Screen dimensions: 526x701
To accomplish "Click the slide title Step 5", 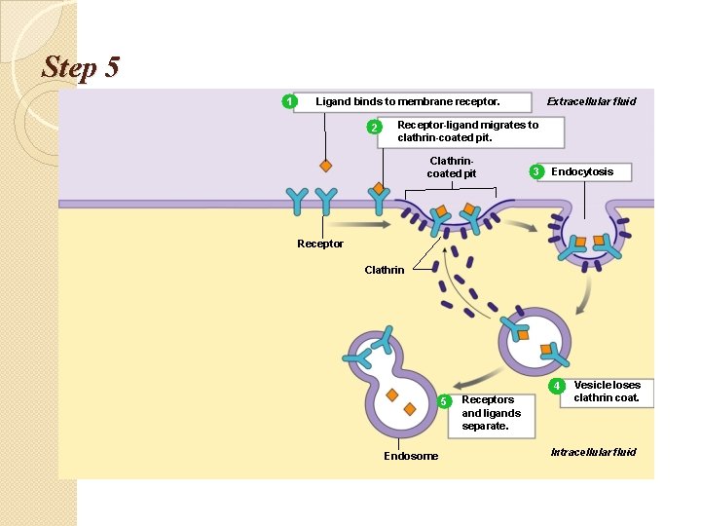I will pyautogui.click(x=81, y=67).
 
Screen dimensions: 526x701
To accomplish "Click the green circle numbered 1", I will pyautogui.click(x=288, y=101).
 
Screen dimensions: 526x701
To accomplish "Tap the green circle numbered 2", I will pyautogui.click(x=371, y=128).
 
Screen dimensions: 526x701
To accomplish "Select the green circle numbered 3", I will pyautogui.click(x=535, y=172).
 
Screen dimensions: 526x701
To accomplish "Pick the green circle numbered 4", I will pyautogui.click(x=557, y=386).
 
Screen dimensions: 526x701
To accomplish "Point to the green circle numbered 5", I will pyautogui.click(x=444, y=400).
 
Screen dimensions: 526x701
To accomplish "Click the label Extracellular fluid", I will pyautogui.click(x=591, y=101).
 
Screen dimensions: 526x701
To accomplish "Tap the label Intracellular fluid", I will pyautogui.click(x=593, y=452).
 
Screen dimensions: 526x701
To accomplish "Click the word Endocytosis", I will pyautogui.click(x=582, y=171).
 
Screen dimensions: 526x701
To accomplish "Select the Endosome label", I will pyautogui.click(x=411, y=456).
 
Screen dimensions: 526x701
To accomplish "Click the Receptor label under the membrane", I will pyautogui.click(x=320, y=244).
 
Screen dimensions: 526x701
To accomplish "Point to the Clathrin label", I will pyautogui.click(x=384, y=270).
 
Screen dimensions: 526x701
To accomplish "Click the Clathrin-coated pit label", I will pyautogui.click(x=452, y=168).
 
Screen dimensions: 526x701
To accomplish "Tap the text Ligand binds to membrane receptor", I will pyautogui.click(x=407, y=101).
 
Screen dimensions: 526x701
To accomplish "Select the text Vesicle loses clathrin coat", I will pyautogui.click(x=607, y=391).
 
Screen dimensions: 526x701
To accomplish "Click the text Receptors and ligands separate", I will pyautogui.click(x=490, y=412).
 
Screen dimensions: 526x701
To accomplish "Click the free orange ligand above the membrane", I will pyautogui.click(x=326, y=166).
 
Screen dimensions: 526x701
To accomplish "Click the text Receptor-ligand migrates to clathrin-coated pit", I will pyautogui.click(x=467, y=131).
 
